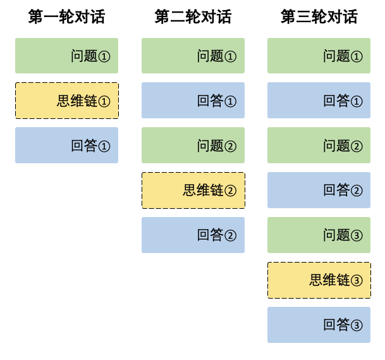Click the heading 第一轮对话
tap(66, 16)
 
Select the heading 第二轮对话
tap(193, 16)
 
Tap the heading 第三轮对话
tap(319, 16)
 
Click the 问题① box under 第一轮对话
tap(66, 56)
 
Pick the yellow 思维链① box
tap(66, 101)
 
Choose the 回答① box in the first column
tap(66, 146)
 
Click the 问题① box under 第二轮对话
tap(193, 56)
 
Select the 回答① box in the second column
tap(193, 101)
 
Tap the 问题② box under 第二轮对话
tap(193, 146)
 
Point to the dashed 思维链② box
tap(193, 190)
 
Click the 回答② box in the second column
tap(193, 235)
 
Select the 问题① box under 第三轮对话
tap(319, 56)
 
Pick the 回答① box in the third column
tap(319, 101)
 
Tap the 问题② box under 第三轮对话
tap(319, 146)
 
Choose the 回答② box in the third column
tap(319, 190)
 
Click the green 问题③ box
tap(319, 235)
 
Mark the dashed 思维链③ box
tap(319, 280)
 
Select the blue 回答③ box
tap(319, 325)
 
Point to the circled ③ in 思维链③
tap(357, 281)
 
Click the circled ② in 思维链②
tap(230, 191)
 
